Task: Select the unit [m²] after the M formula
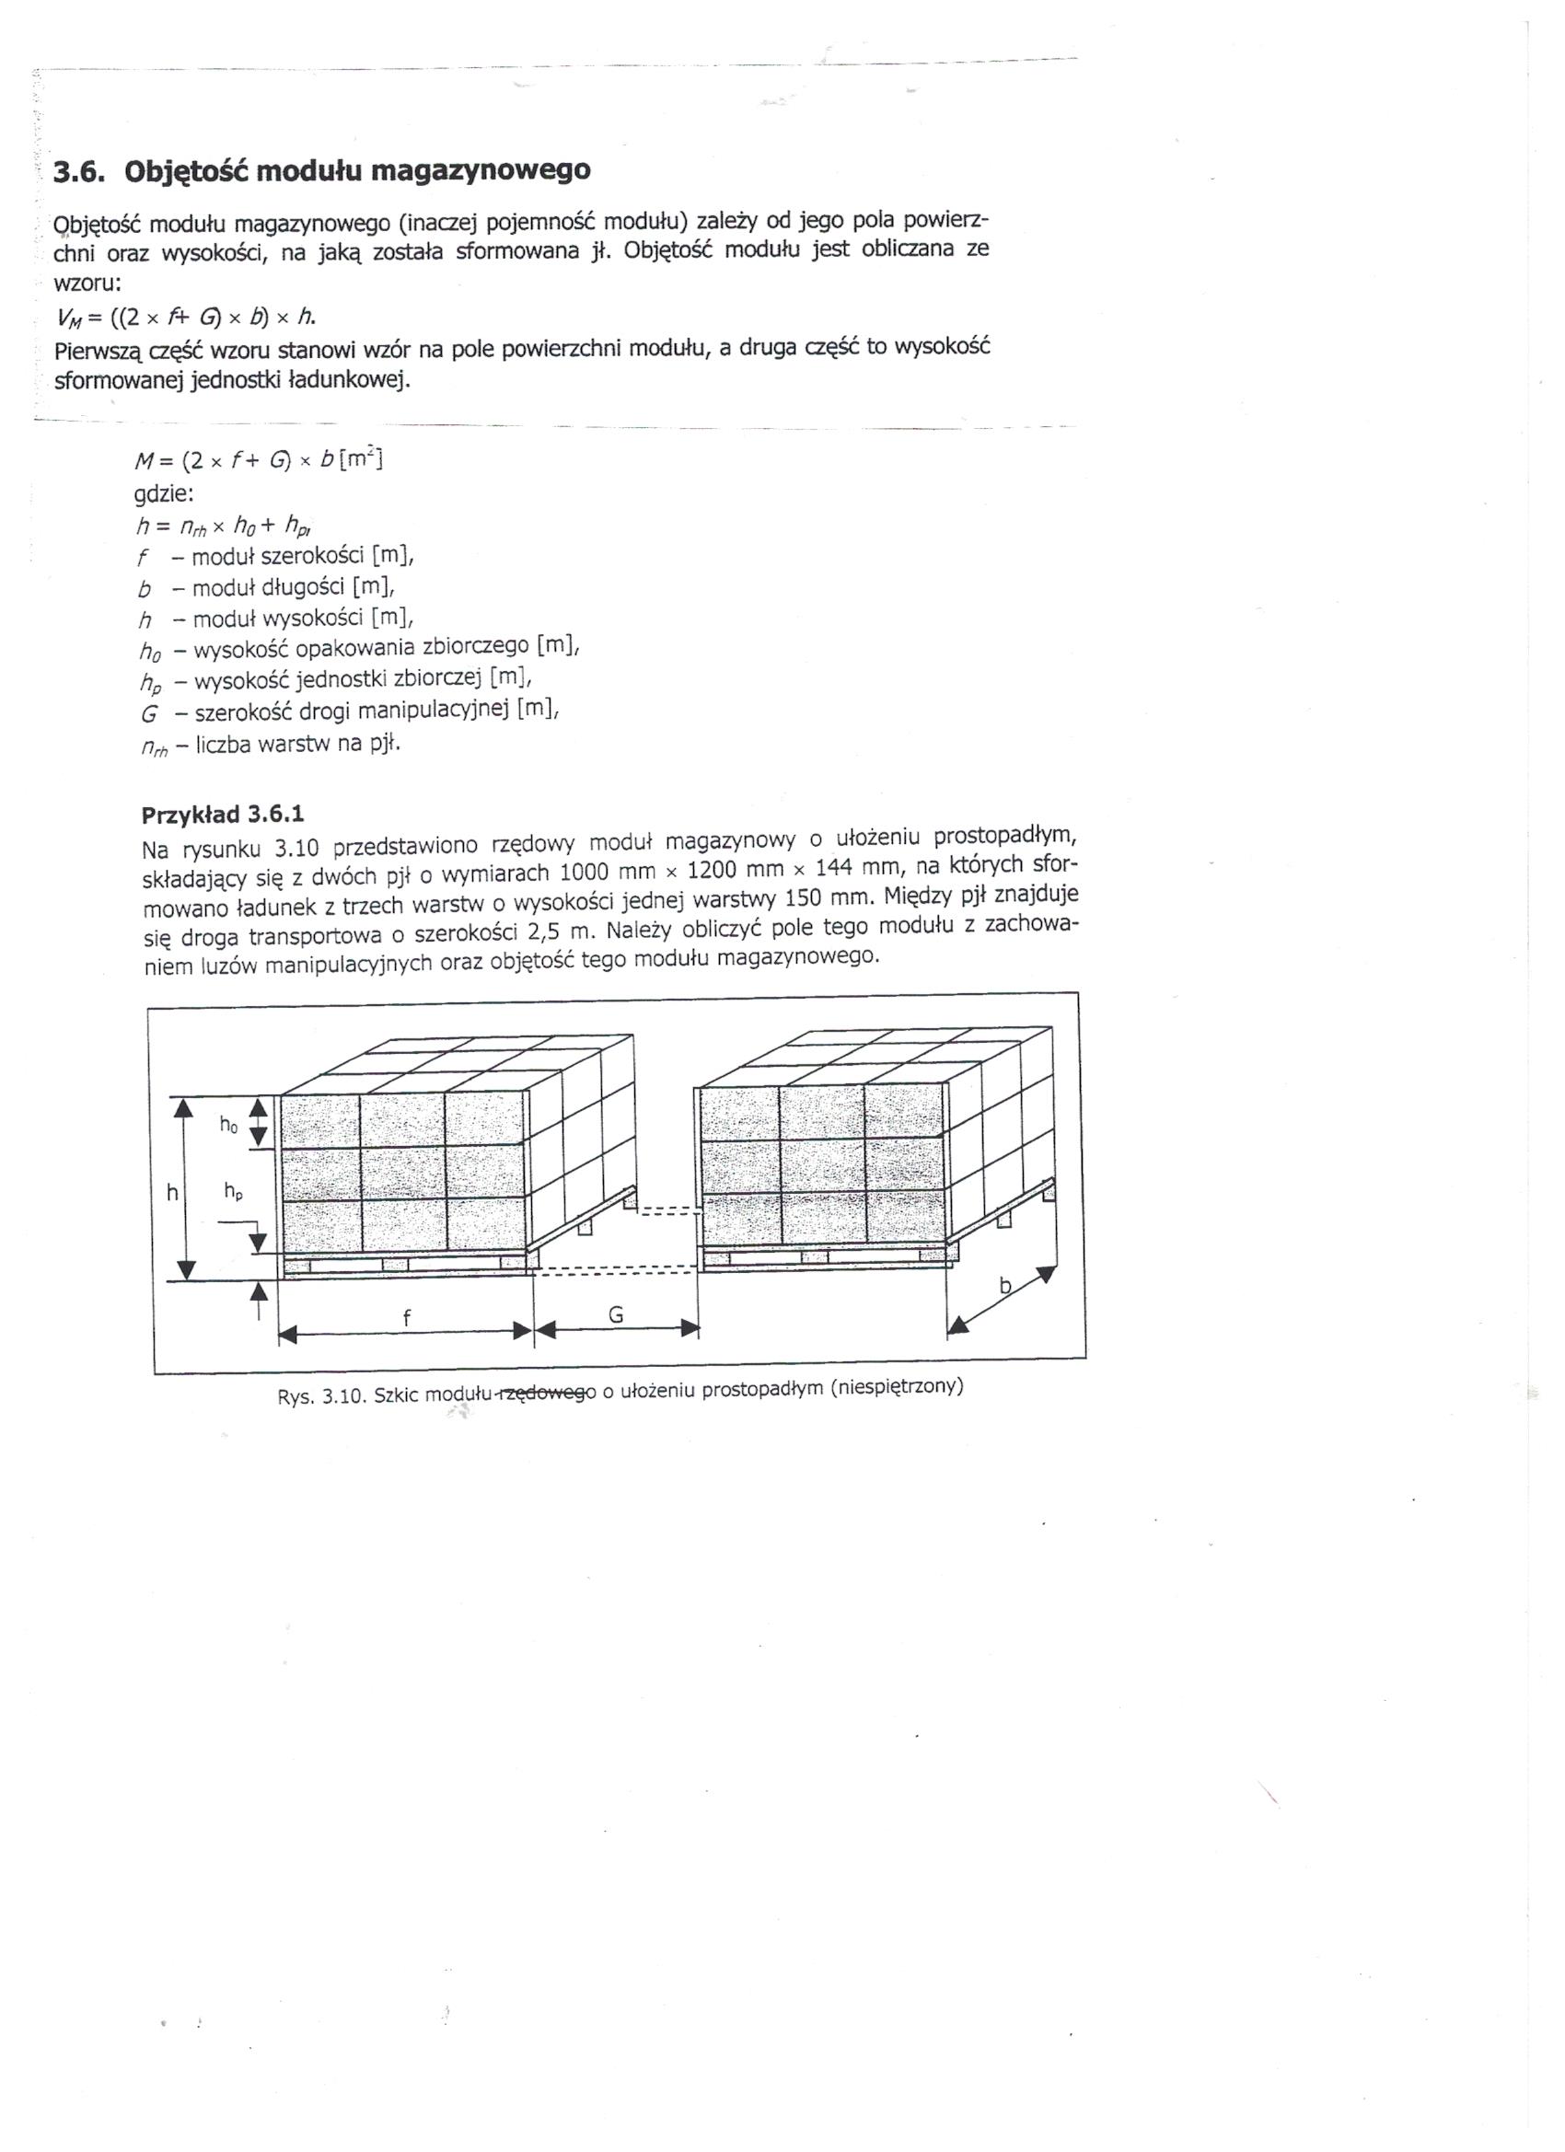pos(360,460)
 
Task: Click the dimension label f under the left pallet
pos(407,1316)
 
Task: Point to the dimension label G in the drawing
pos(615,1314)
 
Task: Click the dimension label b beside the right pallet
pos(1006,1287)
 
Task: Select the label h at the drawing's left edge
pos(172,1193)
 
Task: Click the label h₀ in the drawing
pos(228,1126)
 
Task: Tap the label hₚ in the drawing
pos(234,1193)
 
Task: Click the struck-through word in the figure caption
pos(548,1392)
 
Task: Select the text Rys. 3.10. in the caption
pos(320,1395)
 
